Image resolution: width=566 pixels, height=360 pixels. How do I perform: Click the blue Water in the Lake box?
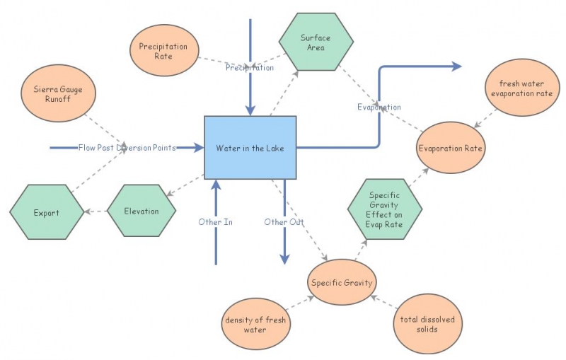point(250,147)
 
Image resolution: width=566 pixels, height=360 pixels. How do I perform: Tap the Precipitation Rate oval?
point(163,51)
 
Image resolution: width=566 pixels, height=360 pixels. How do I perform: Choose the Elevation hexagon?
point(141,211)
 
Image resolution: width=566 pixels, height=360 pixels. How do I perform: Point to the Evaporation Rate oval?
point(451,149)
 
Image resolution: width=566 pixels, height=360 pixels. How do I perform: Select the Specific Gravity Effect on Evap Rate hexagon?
point(385,209)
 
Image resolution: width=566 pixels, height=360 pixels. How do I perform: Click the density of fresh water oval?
point(255,325)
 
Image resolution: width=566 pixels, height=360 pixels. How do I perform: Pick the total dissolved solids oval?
point(427,325)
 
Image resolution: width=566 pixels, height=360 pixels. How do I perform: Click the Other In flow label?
point(216,221)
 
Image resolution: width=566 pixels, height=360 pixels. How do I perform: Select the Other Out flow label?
point(284,221)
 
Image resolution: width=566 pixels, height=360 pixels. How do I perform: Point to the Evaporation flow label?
point(379,108)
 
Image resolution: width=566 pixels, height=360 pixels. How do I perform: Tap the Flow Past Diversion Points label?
point(127,148)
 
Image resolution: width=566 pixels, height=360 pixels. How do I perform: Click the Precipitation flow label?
point(250,68)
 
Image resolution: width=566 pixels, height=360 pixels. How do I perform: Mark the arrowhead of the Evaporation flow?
point(456,66)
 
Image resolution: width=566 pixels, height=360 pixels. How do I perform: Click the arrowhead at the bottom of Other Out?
point(284,260)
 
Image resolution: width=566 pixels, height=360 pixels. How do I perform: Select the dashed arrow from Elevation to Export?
point(94,211)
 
